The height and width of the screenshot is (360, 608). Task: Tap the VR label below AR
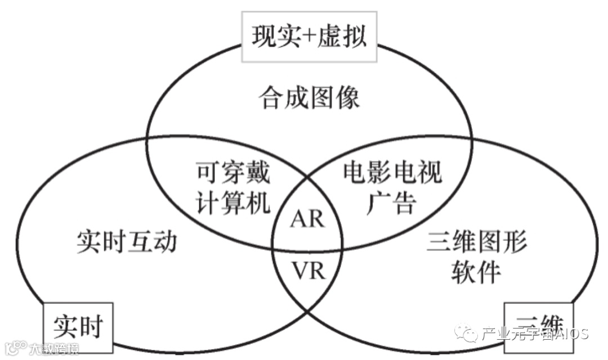click(x=307, y=271)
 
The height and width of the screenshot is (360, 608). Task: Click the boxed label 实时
click(x=79, y=326)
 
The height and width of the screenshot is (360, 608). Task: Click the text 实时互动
click(x=127, y=242)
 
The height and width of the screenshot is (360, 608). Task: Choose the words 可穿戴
click(x=233, y=172)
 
